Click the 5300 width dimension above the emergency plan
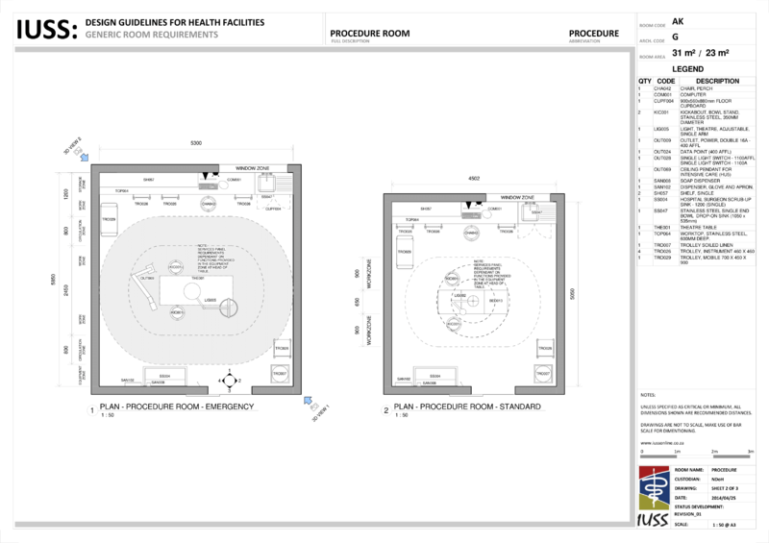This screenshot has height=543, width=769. (x=196, y=143)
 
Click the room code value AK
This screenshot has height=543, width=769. (x=678, y=21)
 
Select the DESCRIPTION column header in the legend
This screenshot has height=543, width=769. (x=718, y=82)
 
